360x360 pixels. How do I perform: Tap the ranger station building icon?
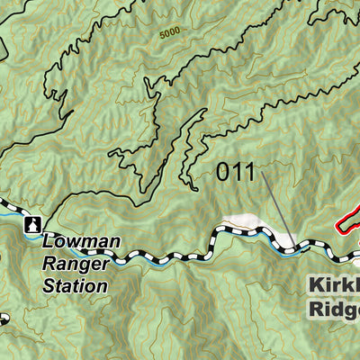[34, 225]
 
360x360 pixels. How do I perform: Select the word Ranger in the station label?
[76, 265]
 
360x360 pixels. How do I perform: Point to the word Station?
[76, 286]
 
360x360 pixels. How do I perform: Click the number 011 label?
[237, 172]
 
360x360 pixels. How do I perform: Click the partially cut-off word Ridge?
[333, 309]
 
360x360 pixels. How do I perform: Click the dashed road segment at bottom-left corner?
[4, 319]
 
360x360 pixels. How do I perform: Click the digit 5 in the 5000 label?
[161, 34]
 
